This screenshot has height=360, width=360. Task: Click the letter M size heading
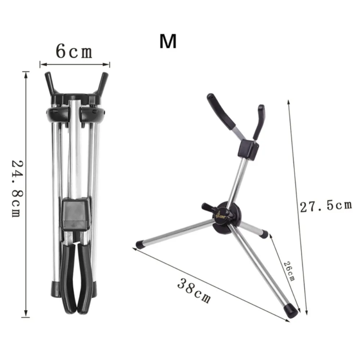pos(168,41)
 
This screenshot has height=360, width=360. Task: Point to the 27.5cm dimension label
pos(326,206)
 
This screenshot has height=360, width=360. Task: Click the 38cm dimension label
pos(194,291)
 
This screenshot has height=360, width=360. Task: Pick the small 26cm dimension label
pos(289,271)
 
